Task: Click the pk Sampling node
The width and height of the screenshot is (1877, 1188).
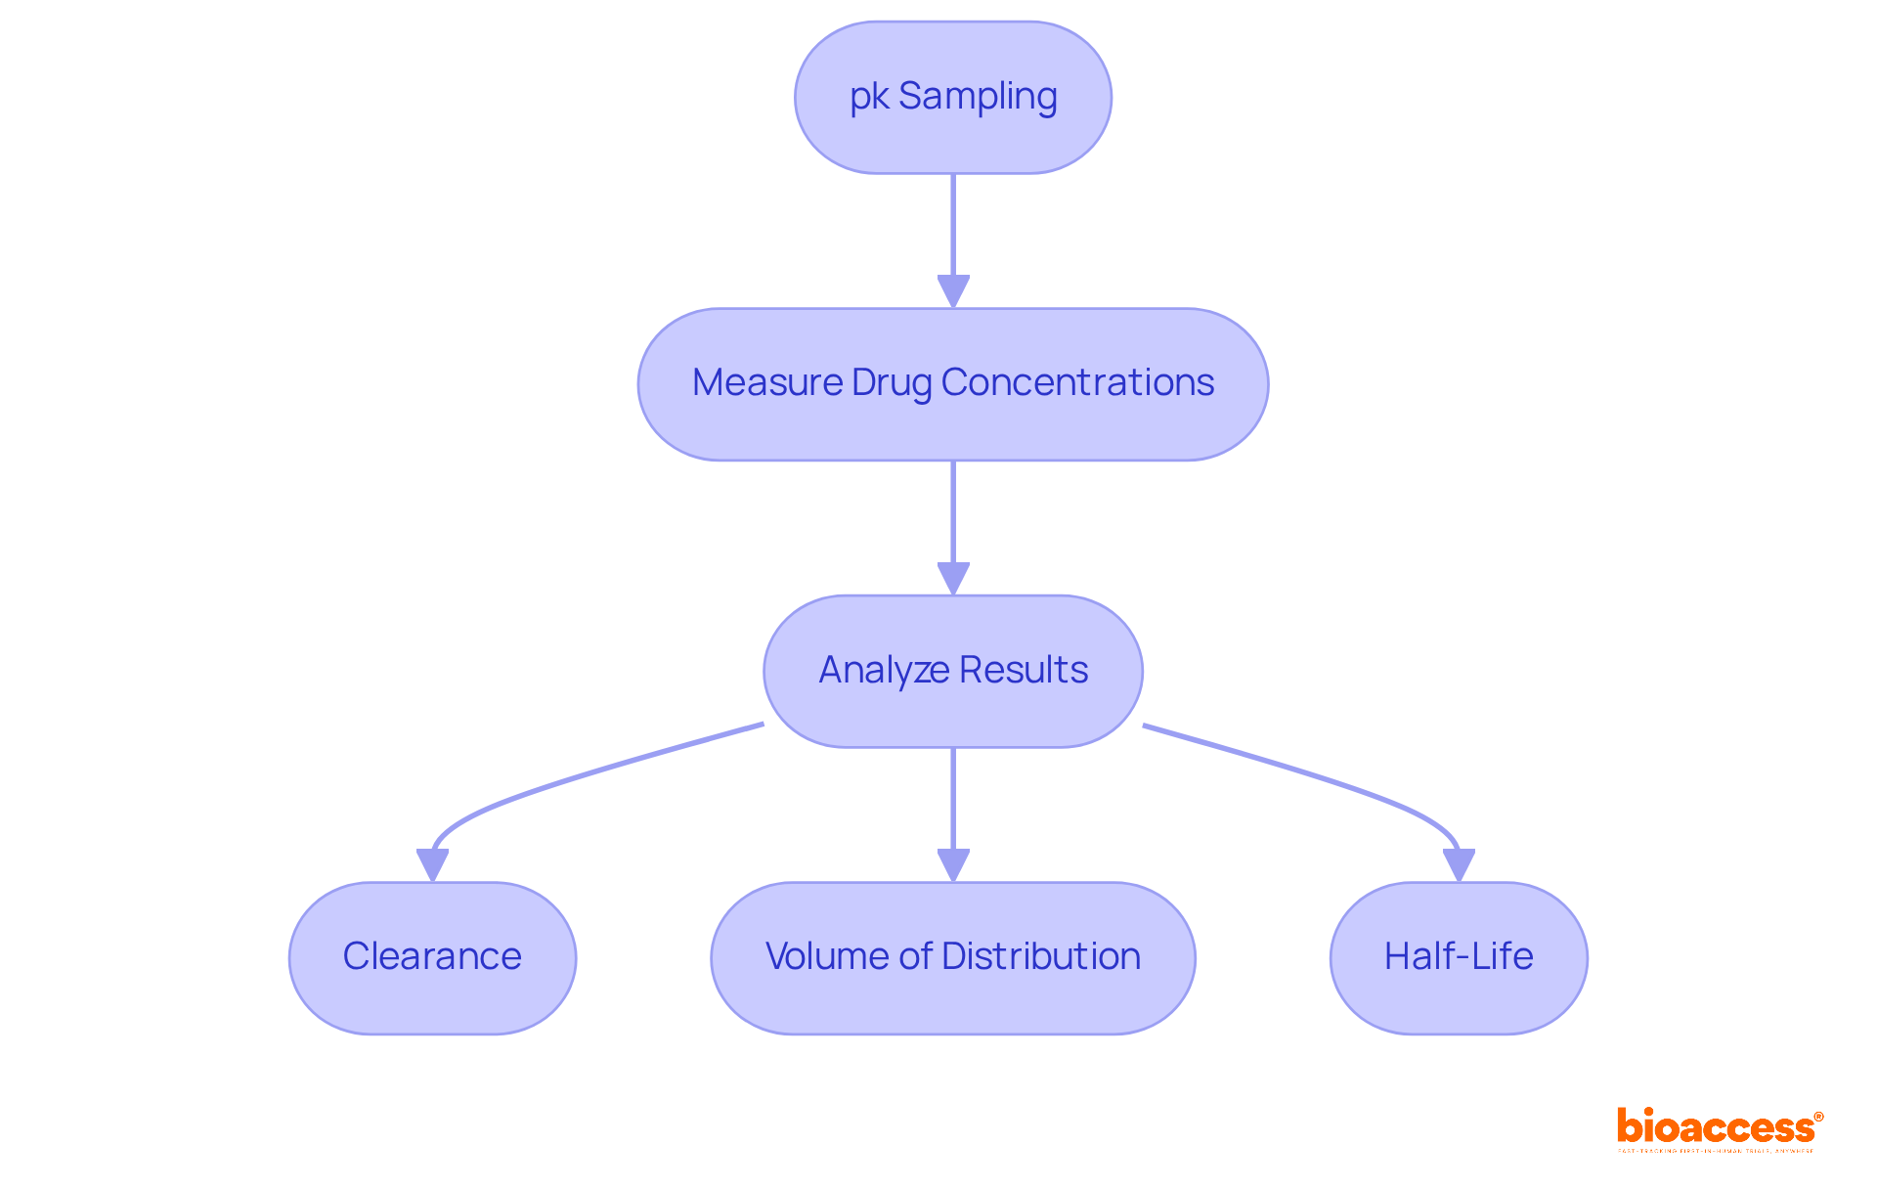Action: click(952, 98)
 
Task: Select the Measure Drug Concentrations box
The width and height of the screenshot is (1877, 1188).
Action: click(952, 384)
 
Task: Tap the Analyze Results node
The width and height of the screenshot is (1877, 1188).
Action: click(952, 671)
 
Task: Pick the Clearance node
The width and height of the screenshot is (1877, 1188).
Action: click(432, 957)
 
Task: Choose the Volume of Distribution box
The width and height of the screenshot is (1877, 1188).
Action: click(952, 957)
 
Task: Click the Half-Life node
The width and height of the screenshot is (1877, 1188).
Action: click(1458, 957)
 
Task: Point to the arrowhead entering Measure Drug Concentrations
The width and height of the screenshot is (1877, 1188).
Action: click(953, 291)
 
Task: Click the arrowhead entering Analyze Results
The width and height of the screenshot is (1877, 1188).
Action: click(953, 578)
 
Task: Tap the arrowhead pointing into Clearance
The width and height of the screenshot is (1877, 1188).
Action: click(432, 865)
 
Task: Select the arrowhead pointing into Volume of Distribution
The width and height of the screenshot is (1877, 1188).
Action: click(953, 865)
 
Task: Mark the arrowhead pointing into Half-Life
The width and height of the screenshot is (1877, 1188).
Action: click(1459, 865)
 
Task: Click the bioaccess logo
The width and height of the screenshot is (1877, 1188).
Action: click(1719, 1129)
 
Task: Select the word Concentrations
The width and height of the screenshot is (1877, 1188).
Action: click(1077, 382)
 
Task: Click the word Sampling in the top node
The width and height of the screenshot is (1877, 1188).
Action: click(978, 97)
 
